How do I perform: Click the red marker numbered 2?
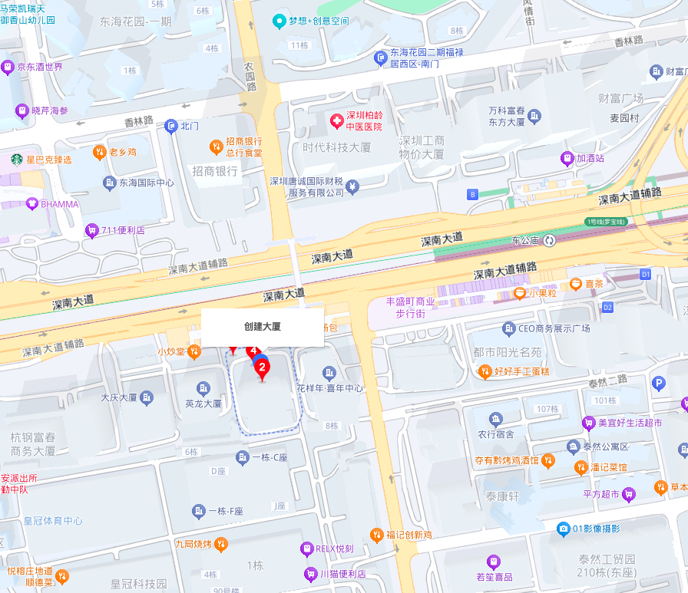pos(263,369)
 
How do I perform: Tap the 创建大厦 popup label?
pos(263,327)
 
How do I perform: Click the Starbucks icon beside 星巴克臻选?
pos(16,160)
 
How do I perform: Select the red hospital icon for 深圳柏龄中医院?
pos(336,120)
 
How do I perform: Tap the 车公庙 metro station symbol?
pos(550,241)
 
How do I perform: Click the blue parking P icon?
pos(658,384)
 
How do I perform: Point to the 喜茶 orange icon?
pos(576,284)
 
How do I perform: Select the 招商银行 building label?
pos(215,171)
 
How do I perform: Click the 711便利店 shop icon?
pos(92,229)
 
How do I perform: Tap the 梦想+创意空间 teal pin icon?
pos(280,21)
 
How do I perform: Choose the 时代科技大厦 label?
pos(336,147)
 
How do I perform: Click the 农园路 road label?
pos(250,77)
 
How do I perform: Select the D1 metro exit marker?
pos(645,274)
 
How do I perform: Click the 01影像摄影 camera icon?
pos(564,528)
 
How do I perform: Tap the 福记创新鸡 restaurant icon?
pos(376,534)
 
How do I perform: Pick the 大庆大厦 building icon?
pos(147,397)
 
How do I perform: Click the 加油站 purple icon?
pos(567,159)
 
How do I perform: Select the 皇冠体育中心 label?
pos(53,521)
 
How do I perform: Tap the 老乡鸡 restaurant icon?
pos(99,152)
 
